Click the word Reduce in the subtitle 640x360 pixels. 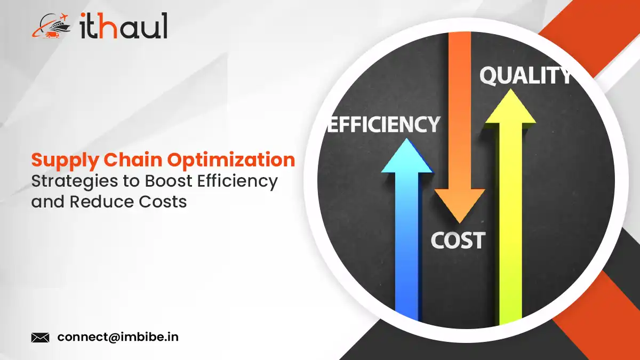pyautogui.click(x=100, y=202)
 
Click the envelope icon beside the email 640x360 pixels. pyautogui.click(x=41, y=337)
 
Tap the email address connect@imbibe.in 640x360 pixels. pyautogui.click(x=118, y=337)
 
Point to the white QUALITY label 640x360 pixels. pyautogui.click(x=525, y=77)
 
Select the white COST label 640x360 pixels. pyautogui.click(x=458, y=241)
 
